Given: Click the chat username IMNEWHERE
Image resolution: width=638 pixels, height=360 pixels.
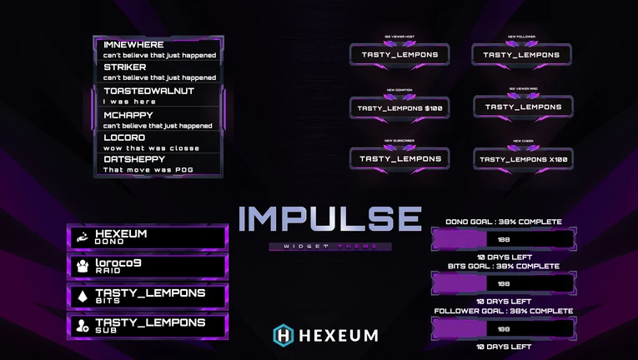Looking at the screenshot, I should (x=133, y=44).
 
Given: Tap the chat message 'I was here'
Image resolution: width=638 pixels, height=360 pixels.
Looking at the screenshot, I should (x=129, y=102).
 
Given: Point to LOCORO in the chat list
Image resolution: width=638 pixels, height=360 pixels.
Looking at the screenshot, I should (x=124, y=137).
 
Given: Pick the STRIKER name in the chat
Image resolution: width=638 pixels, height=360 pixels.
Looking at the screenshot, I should (x=125, y=67).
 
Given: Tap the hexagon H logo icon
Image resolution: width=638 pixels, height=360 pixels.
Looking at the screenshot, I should (x=284, y=335).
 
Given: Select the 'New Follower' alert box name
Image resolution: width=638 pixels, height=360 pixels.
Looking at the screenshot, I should (x=522, y=55).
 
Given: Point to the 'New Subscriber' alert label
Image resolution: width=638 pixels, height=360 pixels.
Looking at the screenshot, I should (x=399, y=141).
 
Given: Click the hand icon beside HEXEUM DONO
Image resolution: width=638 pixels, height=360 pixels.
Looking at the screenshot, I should (x=83, y=237).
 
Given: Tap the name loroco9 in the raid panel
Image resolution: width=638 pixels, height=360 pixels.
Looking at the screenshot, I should (x=118, y=263).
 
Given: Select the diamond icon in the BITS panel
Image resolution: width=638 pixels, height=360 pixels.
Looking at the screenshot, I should (x=83, y=297).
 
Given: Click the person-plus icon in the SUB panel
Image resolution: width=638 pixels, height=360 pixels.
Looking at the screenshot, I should (x=83, y=326).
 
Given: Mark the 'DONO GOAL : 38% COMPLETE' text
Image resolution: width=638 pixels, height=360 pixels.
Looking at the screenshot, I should (x=503, y=222).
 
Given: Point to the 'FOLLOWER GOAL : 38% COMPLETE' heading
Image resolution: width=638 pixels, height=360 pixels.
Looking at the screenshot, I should (x=503, y=311).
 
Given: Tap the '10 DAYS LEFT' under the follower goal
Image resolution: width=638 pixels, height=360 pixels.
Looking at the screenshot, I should (x=504, y=346).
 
